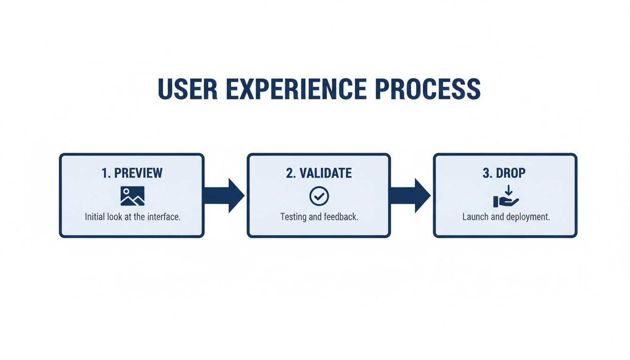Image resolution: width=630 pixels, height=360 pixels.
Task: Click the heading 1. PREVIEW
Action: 132,173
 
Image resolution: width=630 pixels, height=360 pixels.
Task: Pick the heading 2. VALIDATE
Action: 319,173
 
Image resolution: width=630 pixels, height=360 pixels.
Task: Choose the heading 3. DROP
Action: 504,173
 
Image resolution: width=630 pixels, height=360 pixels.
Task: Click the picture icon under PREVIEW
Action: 132,196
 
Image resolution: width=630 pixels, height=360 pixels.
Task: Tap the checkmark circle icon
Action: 319,196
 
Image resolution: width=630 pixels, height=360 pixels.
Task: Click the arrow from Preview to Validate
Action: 225,195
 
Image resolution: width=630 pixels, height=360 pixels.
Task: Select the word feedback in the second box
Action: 341,217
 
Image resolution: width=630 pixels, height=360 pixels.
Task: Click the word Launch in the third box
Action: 475,217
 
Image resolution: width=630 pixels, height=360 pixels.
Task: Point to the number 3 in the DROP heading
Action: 486,173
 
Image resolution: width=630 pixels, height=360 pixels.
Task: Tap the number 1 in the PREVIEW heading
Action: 104,173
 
